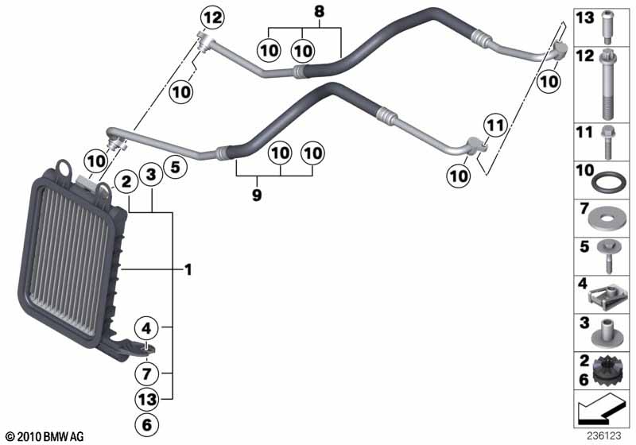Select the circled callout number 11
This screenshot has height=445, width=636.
pyautogui.click(x=495, y=125)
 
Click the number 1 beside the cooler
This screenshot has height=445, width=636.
pyautogui.click(x=188, y=270)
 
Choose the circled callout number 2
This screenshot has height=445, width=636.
pyautogui.click(x=126, y=181)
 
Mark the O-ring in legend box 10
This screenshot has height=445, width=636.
pyautogui.click(x=611, y=181)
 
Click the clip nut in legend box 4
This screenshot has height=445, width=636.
pyautogui.click(x=609, y=296)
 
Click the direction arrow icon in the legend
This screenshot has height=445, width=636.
pyautogui.click(x=603, y=412)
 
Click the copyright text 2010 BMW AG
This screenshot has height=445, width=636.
pyautogui.click(x=45, y=436)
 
